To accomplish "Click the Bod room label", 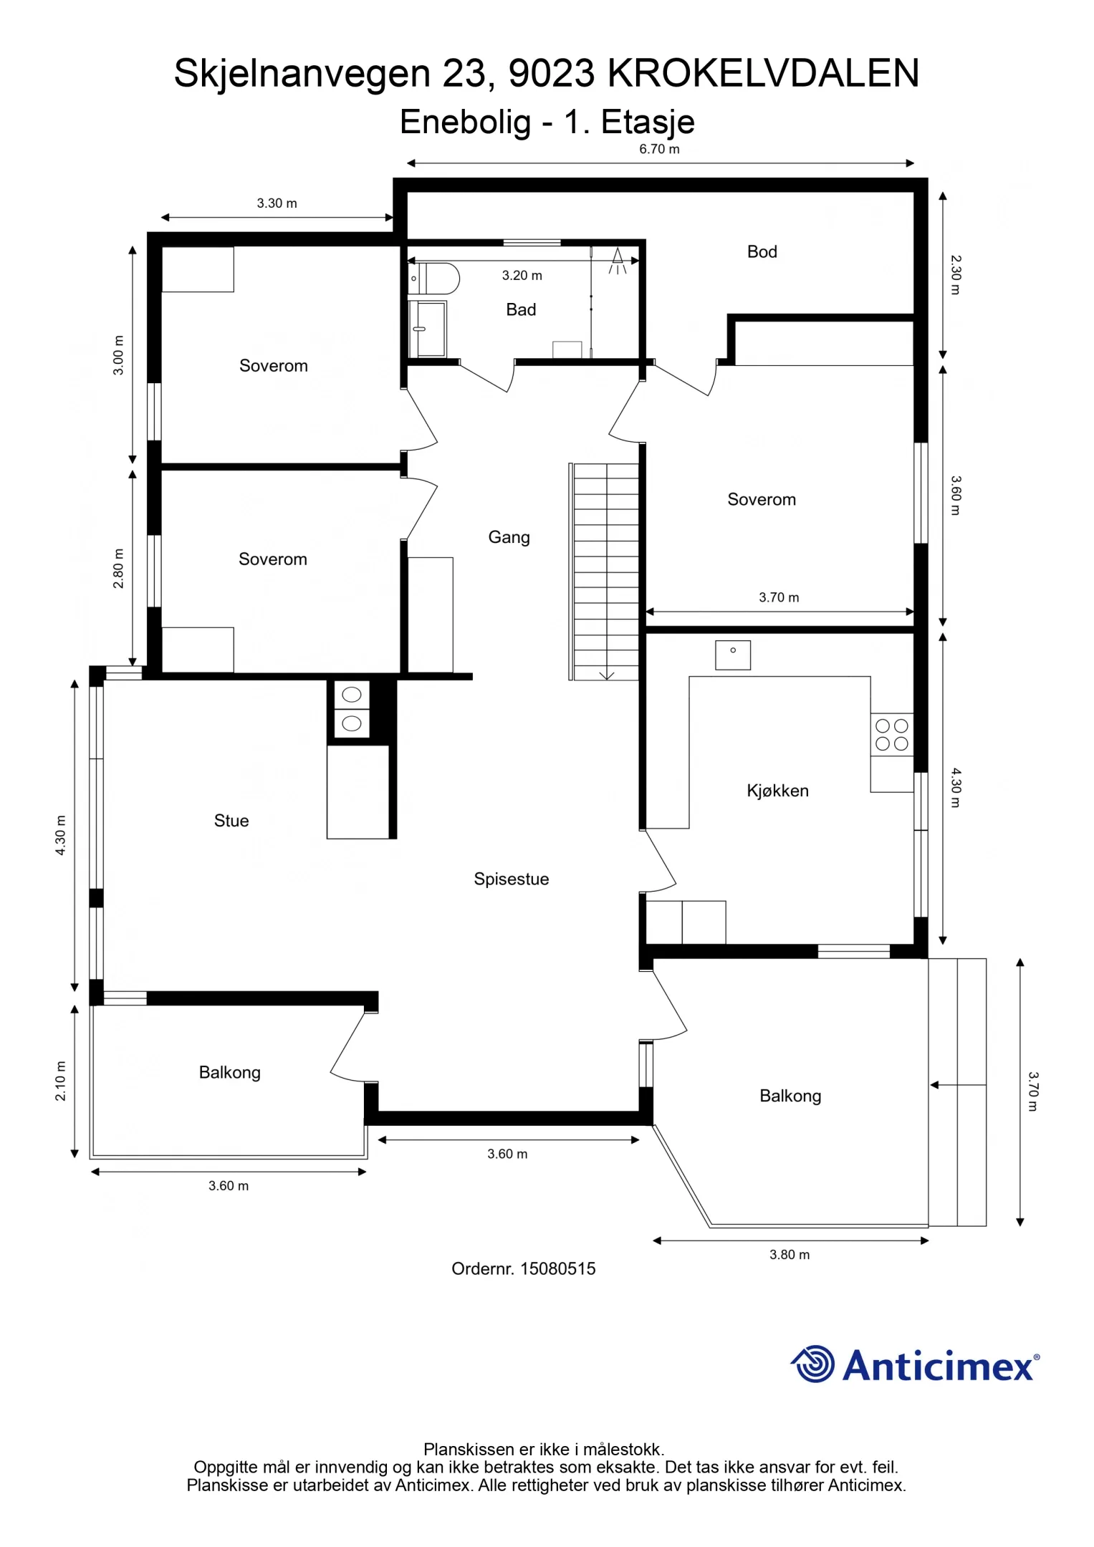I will [x=762, y=251].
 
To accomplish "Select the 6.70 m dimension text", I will [x=658, y=149].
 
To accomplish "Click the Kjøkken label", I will [x=777, y=791].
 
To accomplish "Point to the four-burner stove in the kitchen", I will [x=891, y=735].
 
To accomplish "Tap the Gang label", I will [x=509, y=537].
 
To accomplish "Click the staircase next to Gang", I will [x=606, y=571].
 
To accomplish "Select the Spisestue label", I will [x=511, y=879].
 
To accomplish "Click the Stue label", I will [x=231, y=821].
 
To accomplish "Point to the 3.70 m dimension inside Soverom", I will [x=779, y=597].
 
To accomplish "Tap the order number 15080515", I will [x=557, y=1268].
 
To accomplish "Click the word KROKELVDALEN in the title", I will [x=763, y=73].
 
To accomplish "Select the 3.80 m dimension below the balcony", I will [x=790, y=1254].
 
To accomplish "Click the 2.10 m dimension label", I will [x=61, y=1081].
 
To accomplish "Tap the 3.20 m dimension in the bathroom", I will [x=522, y=275].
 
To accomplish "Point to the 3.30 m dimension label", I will [x=277, y=203].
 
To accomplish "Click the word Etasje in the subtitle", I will [x=648, y=122].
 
